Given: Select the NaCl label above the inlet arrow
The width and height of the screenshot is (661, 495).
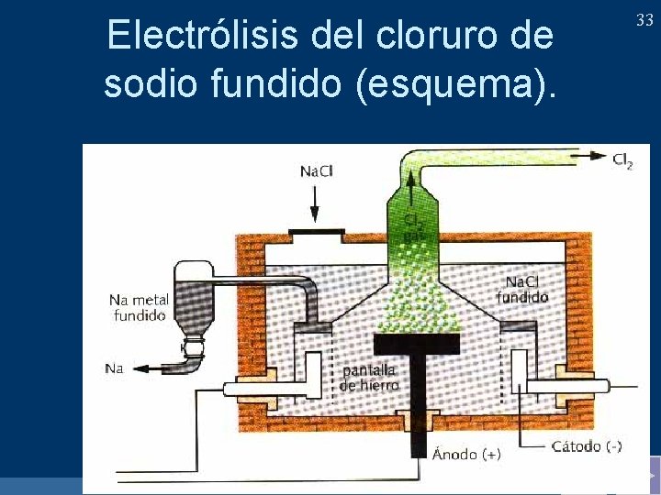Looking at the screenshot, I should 317,171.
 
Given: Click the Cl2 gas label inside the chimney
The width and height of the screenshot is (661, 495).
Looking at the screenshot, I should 414,228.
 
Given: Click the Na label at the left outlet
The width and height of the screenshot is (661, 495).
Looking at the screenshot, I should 113,368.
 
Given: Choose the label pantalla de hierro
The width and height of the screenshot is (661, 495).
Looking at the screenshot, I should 369,378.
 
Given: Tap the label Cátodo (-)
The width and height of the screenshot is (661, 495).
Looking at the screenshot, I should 586,446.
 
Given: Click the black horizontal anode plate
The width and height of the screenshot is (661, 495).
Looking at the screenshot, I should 416,343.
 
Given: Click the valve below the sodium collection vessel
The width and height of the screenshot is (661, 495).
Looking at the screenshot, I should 193,346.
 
